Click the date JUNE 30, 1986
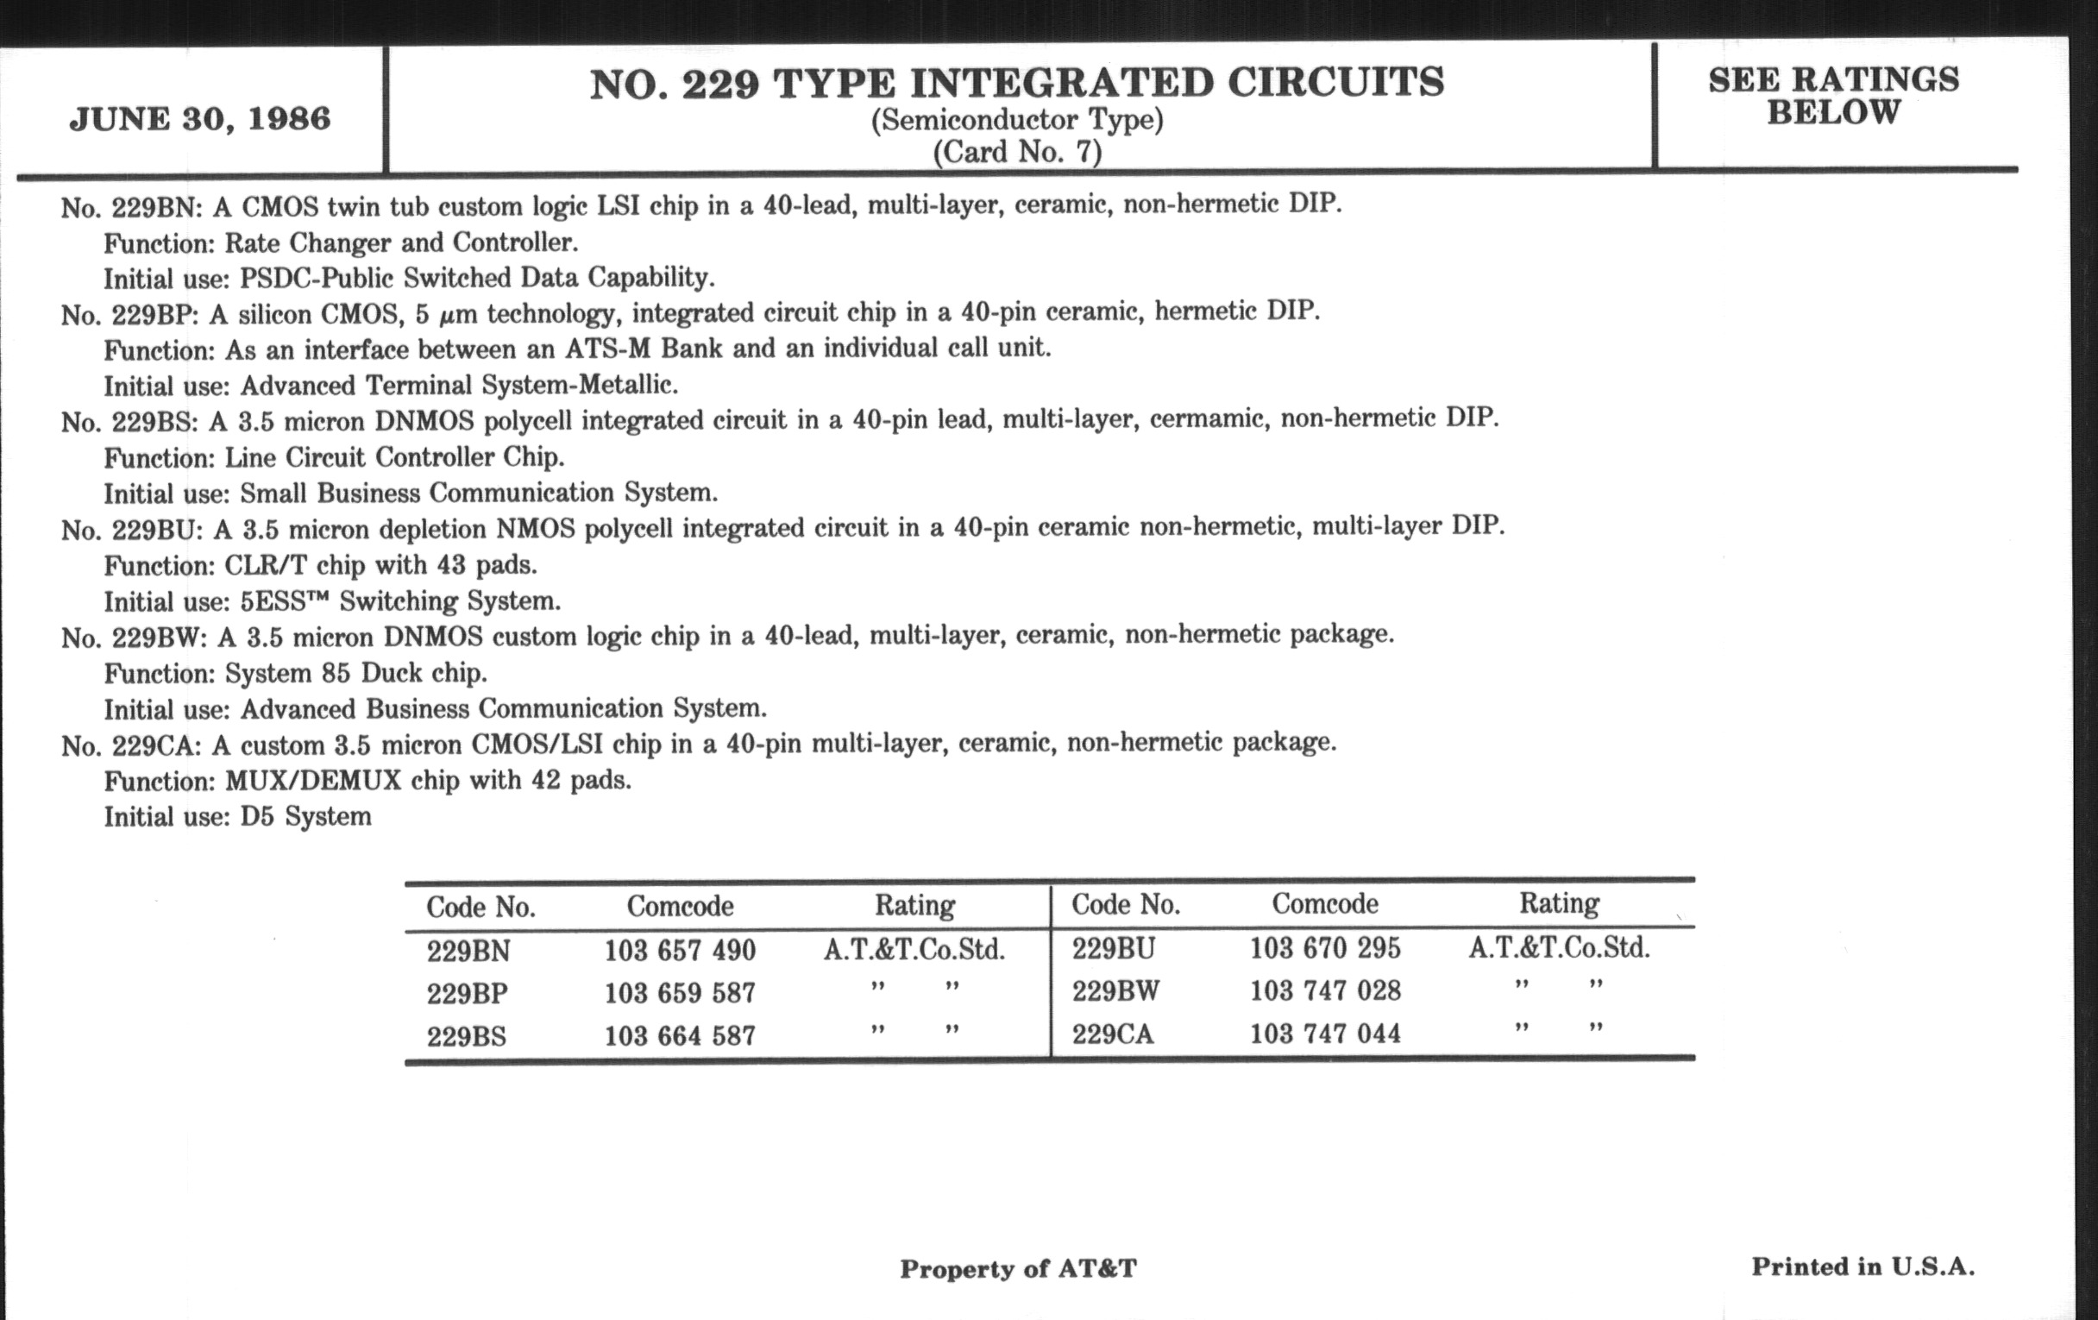(x=199, y=118)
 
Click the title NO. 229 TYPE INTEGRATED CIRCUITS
(x=1017, y=84)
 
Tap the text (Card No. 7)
(x=1017, y=153)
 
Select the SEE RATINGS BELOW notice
(x=1833, y=96)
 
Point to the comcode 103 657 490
(x=680, y=950)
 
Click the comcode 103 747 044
(x=1324, y=1034)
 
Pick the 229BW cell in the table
(x=1115, y=991)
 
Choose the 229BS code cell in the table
(x=467, y=1037)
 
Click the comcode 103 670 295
(x=1324, y=948)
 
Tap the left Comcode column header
(x=680, y=907)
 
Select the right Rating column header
(x=1559, y=903)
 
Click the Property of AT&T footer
(x=1018, y=1268)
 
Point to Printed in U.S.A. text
(x=1862, y=1267)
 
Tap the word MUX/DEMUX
(x=313, y=781)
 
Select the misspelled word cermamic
(x=1206, y=420)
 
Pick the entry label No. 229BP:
(x=129, y=315)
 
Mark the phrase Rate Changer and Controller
(x=401, y=242)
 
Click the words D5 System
(x=305, y=816)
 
